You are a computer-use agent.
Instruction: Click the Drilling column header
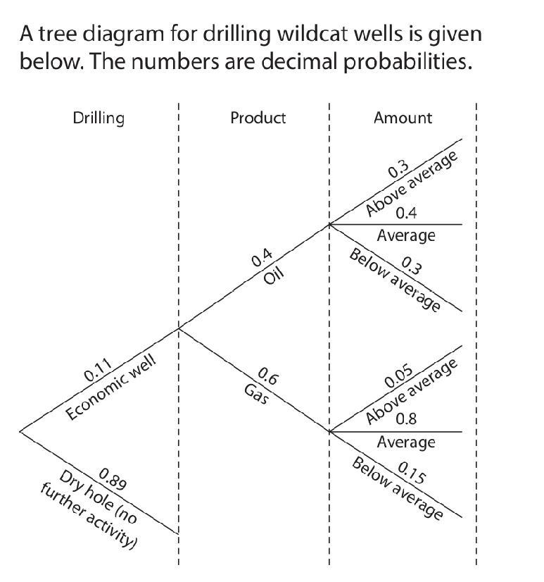[99, 118]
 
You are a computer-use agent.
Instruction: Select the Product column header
[258, 118]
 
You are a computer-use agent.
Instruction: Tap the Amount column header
[403, 118]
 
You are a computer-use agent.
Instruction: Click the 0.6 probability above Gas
[268, 376]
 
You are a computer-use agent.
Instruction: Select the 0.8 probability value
[406, 419]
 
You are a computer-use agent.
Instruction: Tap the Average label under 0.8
[406, 442]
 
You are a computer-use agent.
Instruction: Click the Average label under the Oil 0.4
[406, 235]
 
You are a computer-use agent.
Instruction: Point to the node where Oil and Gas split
[179, 328]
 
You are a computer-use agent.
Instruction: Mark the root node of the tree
[20, 431]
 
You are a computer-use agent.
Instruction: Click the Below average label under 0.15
[398, 488]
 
